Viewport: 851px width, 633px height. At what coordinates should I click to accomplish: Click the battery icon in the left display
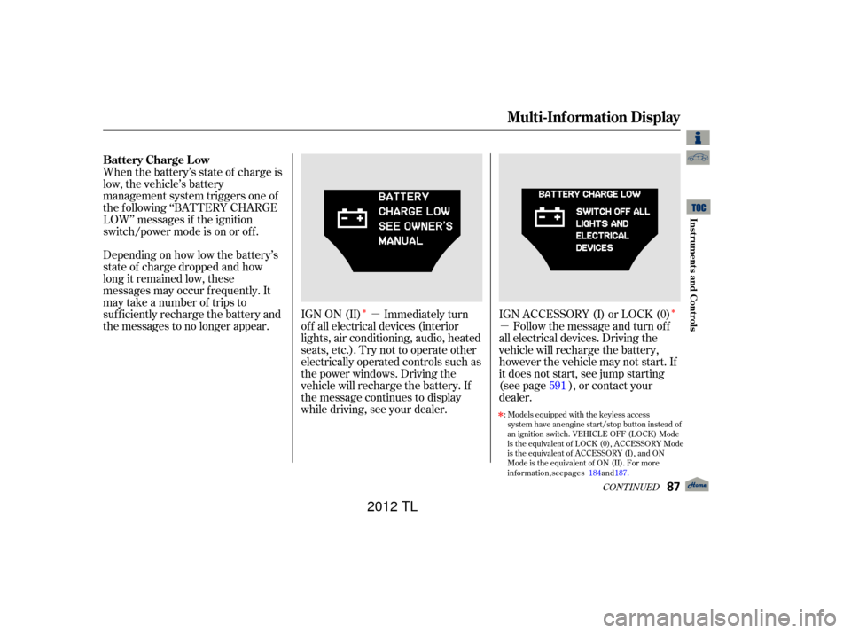[x=353, y=217]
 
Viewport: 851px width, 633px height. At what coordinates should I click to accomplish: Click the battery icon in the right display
[x=550, y=217]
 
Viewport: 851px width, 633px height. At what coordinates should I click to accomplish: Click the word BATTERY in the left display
[x=403, y=197]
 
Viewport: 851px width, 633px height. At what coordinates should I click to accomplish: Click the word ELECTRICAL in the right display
[x=602, y=236]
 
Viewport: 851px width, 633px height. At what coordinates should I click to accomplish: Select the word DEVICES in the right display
[x=594, y=248]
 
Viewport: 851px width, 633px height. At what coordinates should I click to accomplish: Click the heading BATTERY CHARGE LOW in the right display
[x=589, y=194]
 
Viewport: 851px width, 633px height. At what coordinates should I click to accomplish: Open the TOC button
[x=699, y=207]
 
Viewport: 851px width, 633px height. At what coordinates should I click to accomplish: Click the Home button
[x=698, y=485]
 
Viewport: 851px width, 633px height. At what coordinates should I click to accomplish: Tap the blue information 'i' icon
[x=699, y=137]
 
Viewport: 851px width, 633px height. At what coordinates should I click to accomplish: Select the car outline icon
[x=699, y=158]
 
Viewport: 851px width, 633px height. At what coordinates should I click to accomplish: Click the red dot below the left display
[x=364, y=311]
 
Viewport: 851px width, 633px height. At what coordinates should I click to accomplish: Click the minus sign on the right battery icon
[x=541, y=217]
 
